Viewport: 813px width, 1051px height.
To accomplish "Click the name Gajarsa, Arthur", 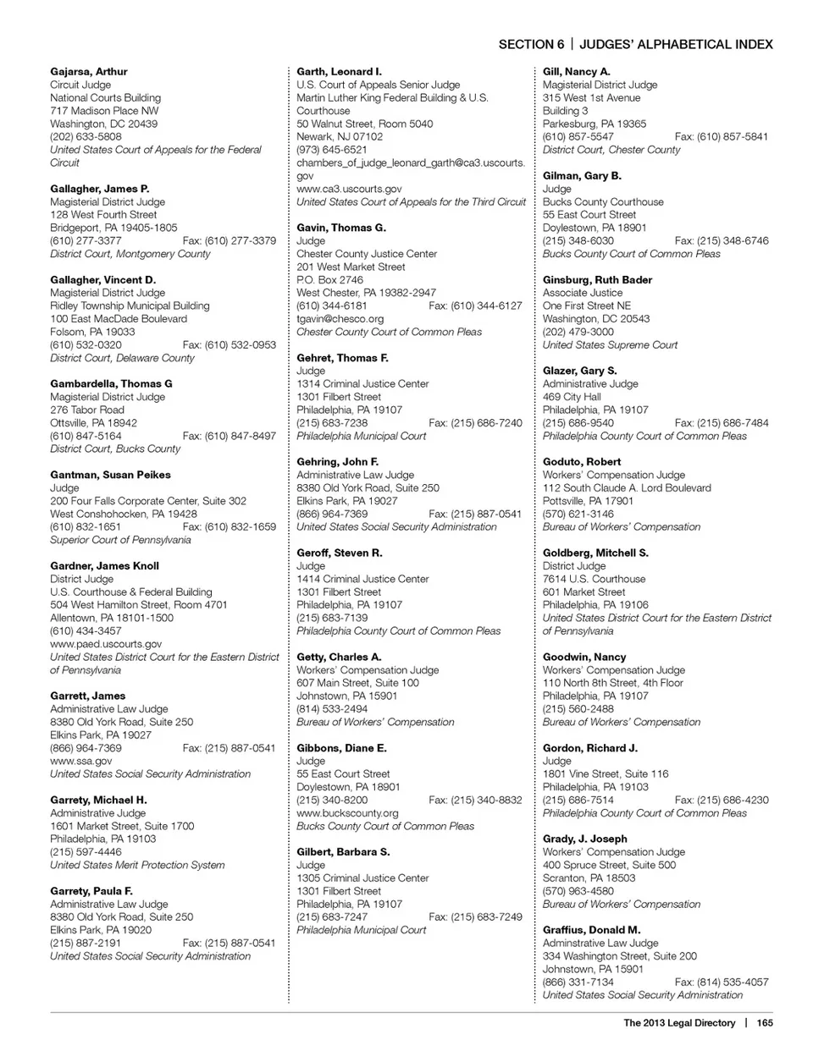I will pos(88,72).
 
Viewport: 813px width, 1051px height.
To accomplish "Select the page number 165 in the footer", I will pos(765,1023).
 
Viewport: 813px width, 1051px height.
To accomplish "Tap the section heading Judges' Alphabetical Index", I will pos(676,44).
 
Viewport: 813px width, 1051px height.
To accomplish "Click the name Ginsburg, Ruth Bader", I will pos(597,280).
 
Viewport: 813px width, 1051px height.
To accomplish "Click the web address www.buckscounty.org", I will pos(347,813).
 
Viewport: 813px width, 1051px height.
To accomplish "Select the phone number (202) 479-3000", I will pos(578,333).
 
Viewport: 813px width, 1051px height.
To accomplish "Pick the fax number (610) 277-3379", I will pos(229,241).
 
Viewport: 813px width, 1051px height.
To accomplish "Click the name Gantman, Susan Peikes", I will pos(110,476).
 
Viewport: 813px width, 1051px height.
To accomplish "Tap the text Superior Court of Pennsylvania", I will pos(120,540).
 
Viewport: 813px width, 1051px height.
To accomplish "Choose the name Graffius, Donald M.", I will pos(591,930).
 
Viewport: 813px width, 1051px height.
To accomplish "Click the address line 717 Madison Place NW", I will pos(104,111).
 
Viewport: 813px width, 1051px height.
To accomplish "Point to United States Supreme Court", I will pos(610,345).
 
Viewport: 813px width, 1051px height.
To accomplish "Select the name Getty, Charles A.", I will pos(339,658).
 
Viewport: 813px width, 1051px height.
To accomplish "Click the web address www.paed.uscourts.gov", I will pos(106,644).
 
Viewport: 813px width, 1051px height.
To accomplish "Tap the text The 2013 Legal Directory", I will pos(679,1023).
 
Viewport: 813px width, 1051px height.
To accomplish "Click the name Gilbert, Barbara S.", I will pos(343,852).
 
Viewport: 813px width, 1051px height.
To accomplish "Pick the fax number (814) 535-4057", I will pos(722,982).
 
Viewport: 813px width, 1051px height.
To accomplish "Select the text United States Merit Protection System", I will pos(137,866).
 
